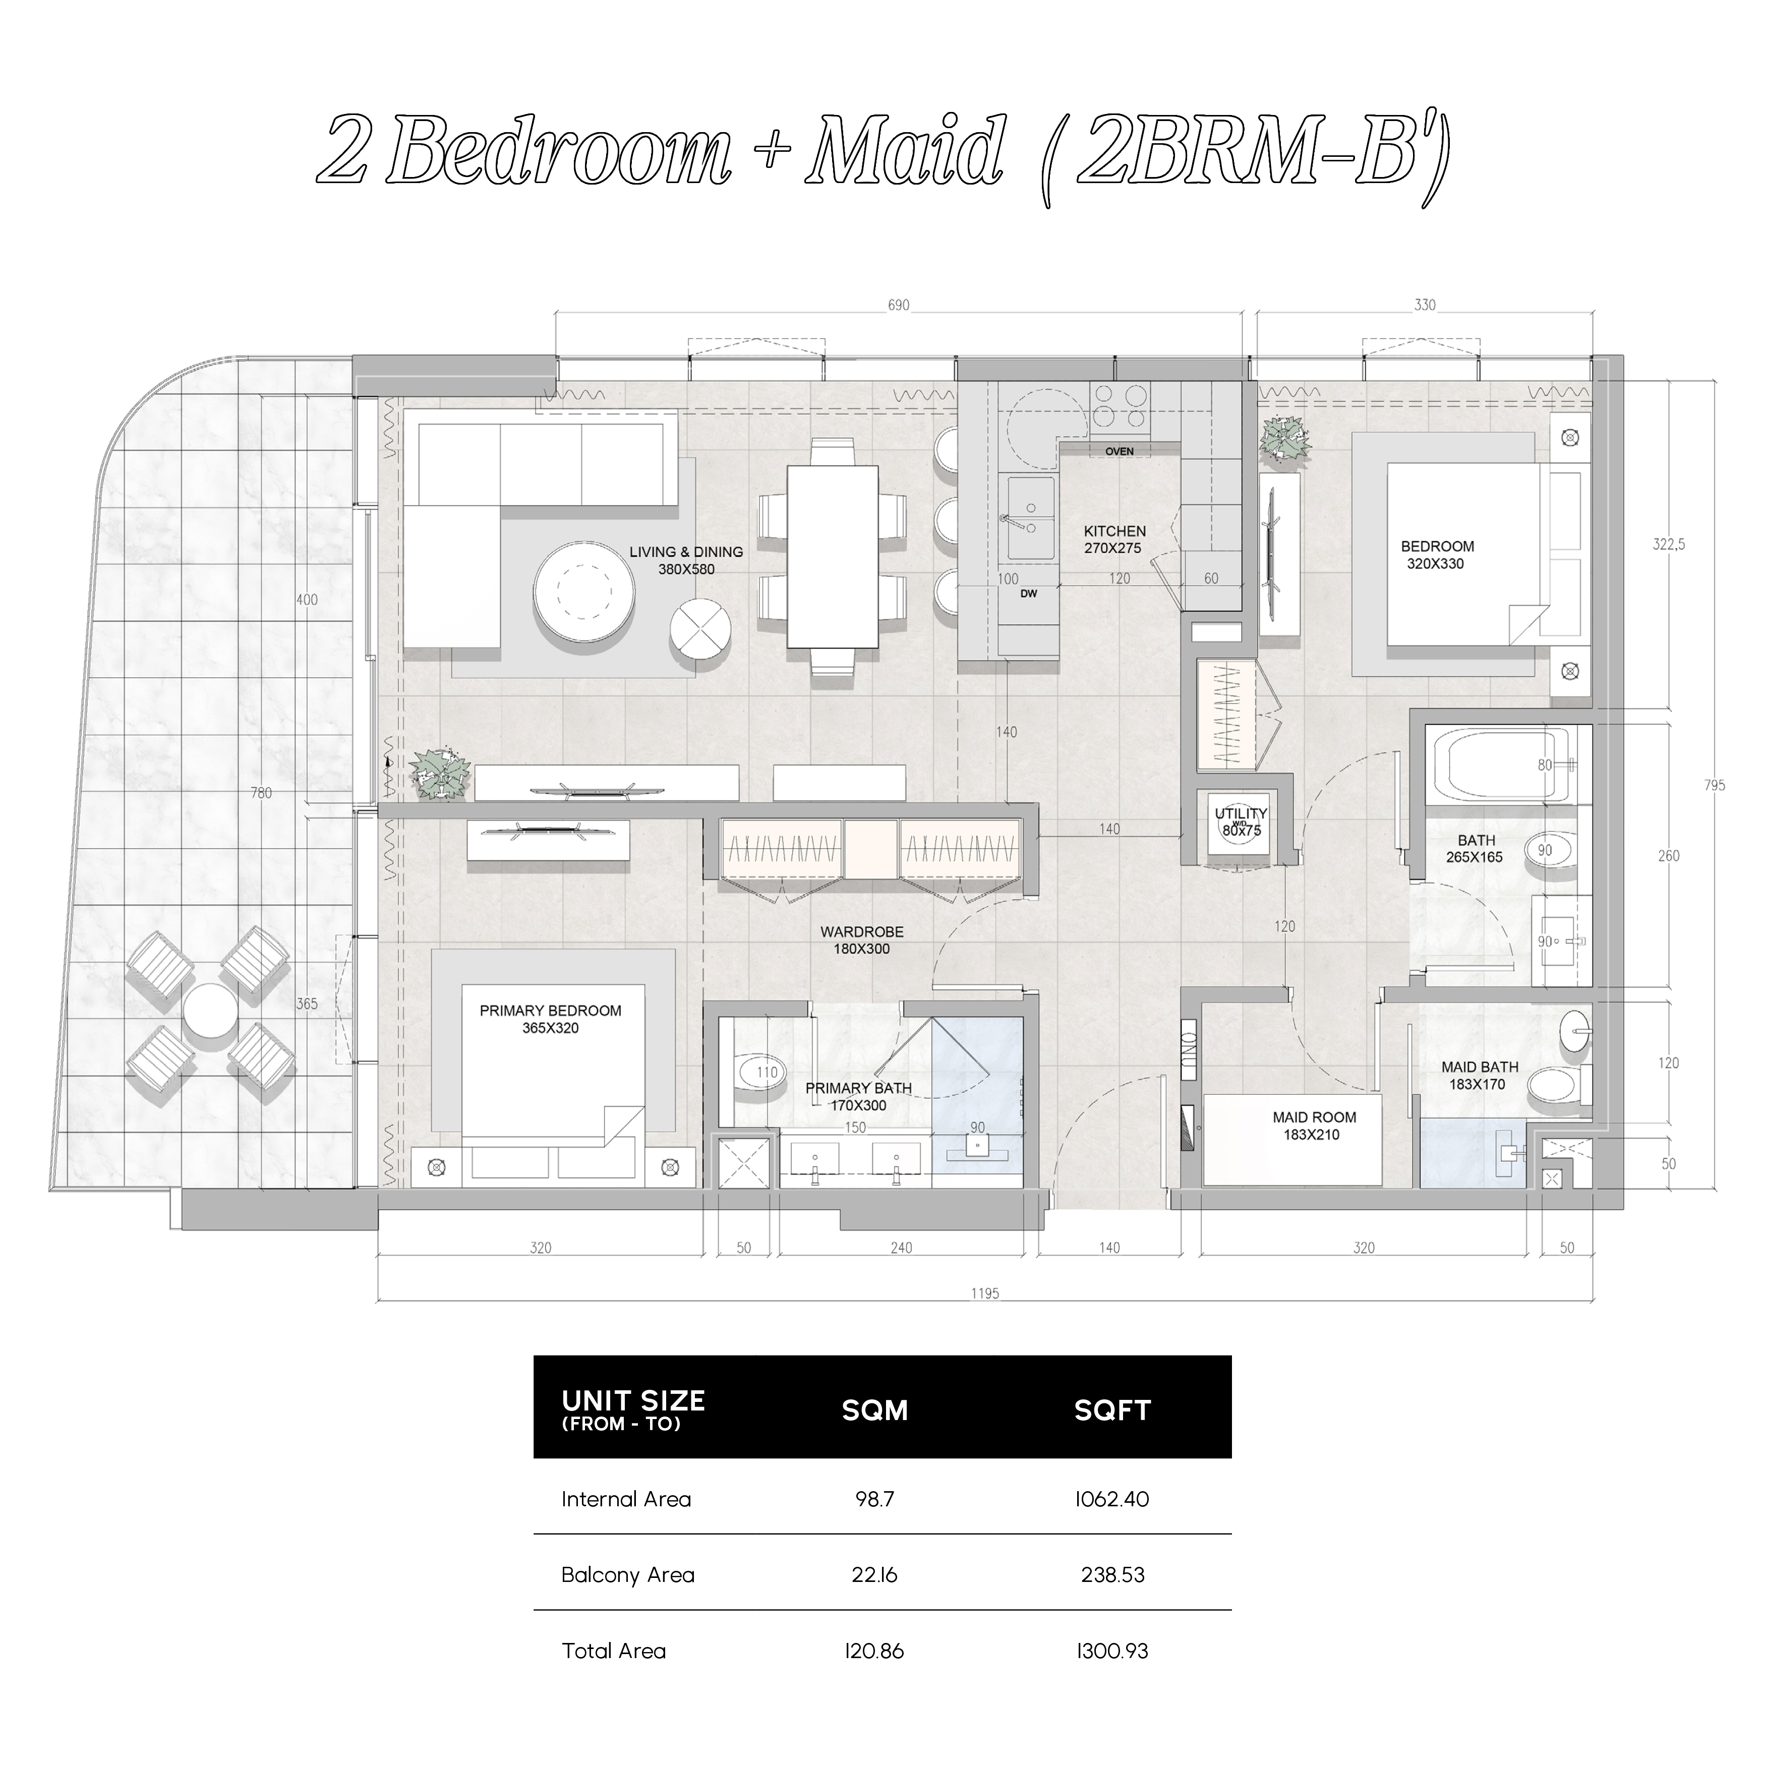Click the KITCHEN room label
point(1114,531)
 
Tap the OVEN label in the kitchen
point(1119,451)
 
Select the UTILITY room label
point(1241,813)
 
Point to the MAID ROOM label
point(1314,1117)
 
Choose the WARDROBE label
point(861,932)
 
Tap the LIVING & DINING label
point(686,552)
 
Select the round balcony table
point(211,1010)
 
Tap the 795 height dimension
point(1714,785)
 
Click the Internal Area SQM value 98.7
point(874,1499)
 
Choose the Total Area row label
point(614,1651)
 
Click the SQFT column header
point(1112,1410)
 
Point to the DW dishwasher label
point(1029,594)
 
